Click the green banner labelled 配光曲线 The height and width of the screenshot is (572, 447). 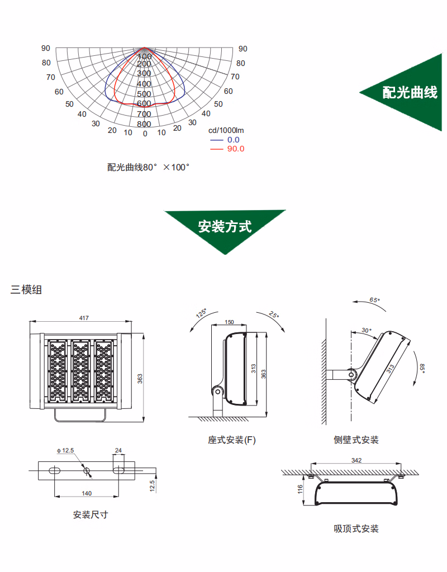coord(410,93)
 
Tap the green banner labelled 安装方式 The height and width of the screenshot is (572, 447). coord(225,226)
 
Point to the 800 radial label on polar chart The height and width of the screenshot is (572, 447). coord(144,124)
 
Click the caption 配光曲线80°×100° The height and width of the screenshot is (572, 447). coord(149,167)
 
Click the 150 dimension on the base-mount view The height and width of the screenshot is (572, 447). coord(229,322)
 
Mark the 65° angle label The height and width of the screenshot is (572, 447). coord(374,300)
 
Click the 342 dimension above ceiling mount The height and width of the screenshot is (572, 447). coord(356,460)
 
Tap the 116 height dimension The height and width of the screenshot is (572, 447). coord(299,490)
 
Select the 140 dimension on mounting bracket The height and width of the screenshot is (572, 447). coord(87,493)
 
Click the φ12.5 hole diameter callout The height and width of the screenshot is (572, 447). coord(65,450)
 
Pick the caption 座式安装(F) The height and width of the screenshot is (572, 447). coord(232,440)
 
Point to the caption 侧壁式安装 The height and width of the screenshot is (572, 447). coord(356,440)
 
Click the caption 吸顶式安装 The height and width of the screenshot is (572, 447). coord(356,528)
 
